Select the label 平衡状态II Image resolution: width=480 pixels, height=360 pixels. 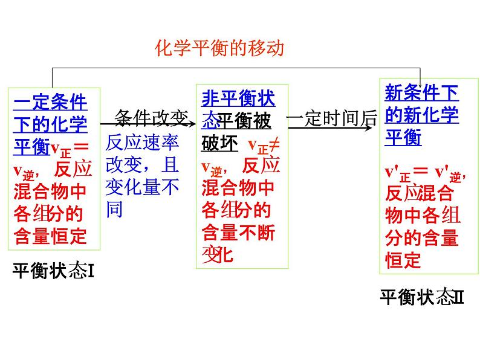(x=421, y=297)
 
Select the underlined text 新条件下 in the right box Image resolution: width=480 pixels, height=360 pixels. (x=421, y=92)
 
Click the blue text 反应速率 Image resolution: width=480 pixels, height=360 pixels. (x=142, y=143)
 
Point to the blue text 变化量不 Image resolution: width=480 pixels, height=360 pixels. (x=142, y=188)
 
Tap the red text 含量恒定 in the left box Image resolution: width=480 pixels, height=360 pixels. (x=50, y=236)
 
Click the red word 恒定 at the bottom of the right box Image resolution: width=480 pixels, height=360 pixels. (x=403, y=260)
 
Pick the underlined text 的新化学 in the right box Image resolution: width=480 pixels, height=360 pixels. (x=421, y=115)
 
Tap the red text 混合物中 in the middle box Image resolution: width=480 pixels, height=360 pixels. (x=238, y=188)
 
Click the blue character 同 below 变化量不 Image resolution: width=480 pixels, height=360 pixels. (x=114, y=210)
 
